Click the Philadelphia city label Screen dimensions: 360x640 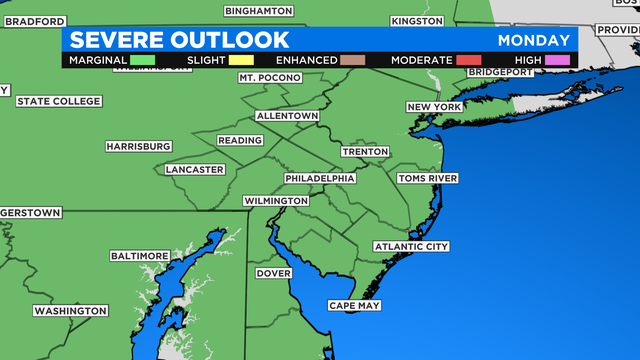pos(320,178)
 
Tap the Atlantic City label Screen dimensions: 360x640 pos(411,246)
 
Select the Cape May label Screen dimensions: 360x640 pos(354,305)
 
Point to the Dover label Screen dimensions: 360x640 pos(273,273)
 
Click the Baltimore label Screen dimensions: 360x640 pos(139,256)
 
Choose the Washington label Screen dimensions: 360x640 pos(70,311)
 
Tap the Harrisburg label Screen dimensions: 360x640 pos(138,146)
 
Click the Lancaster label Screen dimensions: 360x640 pos(195,169)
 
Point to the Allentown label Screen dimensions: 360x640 pos(286,117)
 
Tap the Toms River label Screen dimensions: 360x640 pos(427,178)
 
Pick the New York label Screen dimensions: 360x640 pos(433,107)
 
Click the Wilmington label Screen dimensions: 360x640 pos(276,201)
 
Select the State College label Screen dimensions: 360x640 pos(58,101)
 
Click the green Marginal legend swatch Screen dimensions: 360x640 pos(143,60)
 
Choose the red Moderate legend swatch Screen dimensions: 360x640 pos(470,60)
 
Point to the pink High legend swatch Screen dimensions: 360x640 pos(557,60)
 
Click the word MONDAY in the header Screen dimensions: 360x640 pos(533,40)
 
